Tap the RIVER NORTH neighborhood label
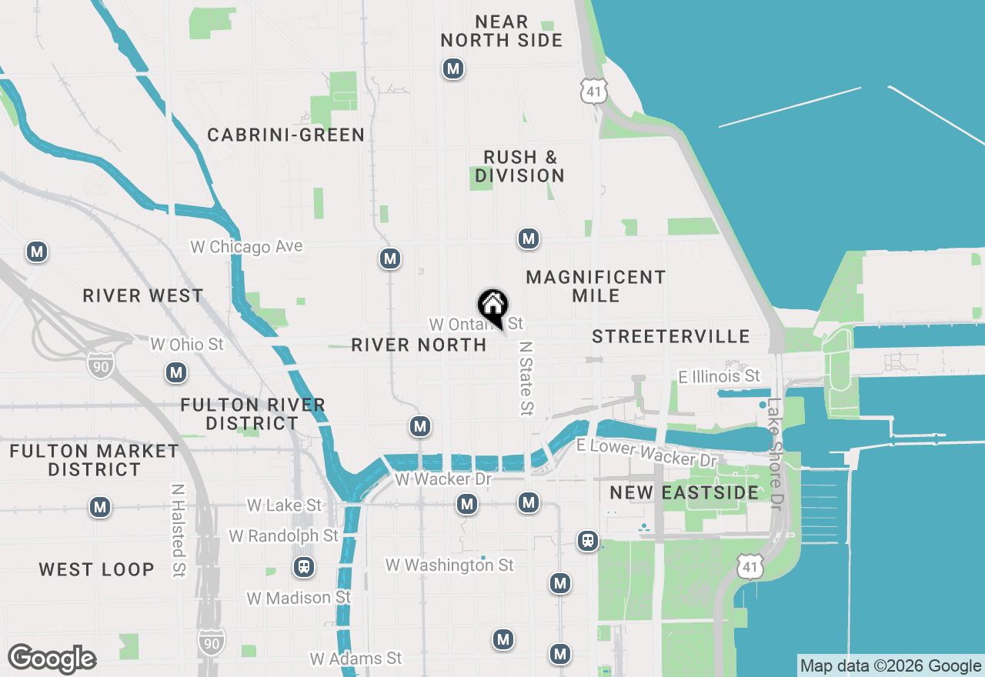[x=419, y=345]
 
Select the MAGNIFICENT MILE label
[x=596, y=286]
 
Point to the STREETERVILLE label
[x=671, y=336]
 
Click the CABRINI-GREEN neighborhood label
[x=286, y=135]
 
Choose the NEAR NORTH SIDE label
[x=502, y=32]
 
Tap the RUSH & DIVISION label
[x=519, y=166]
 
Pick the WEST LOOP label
[x=97, y=570]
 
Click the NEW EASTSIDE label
[x=684, y=492]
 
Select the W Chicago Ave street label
[x=246, y=247]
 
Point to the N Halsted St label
[x=179, y=530]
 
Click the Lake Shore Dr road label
[x=775, y=454]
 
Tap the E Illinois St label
[x=719, y=376]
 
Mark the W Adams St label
[x=356, y=659]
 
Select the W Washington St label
[x=449, y=565]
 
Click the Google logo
[x=52, y=659]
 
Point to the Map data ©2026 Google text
[x=890, y=666]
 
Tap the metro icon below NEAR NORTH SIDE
[x=453, y=69]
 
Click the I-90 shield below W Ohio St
[x=100, y=365]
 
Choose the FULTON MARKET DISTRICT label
[x=94, y=460]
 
